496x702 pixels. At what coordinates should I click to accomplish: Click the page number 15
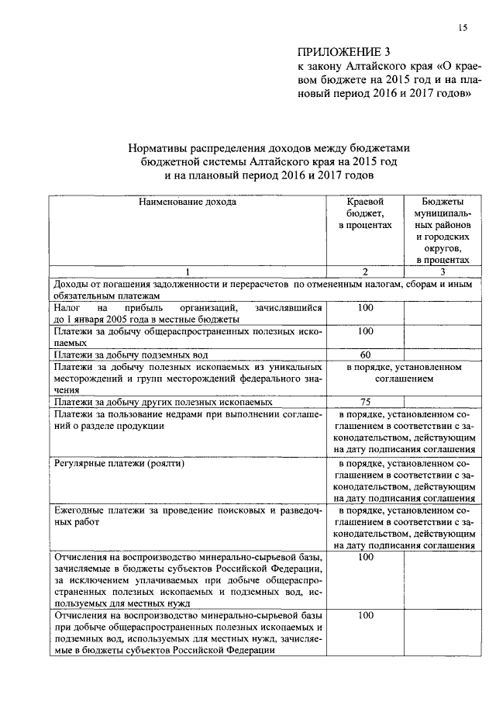462,29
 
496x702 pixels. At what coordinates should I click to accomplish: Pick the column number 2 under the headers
364,271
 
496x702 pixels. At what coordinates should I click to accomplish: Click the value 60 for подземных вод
364,354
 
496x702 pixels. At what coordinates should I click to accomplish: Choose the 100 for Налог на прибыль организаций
364,308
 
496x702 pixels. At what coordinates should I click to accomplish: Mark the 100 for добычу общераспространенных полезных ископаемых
364,331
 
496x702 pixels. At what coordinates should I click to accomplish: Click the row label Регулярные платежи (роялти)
119,463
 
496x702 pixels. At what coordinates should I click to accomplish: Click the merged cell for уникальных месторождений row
403,372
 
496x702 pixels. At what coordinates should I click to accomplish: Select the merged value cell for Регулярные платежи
403,480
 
